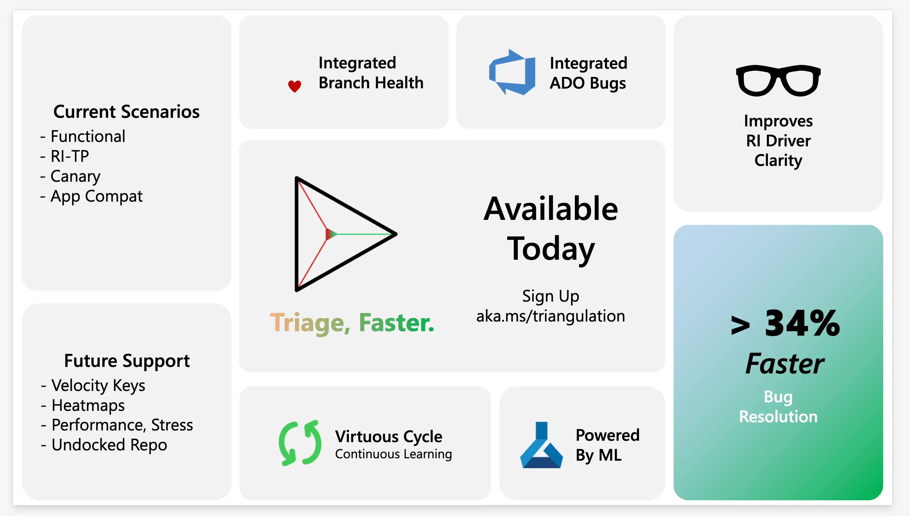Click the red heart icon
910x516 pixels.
294,86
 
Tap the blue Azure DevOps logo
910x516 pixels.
512,72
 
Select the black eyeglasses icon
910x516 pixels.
778,80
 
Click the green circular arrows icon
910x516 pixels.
300,443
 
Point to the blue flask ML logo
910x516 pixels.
541,445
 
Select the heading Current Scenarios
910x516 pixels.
126,112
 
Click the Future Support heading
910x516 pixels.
127,361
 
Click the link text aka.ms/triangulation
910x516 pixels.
550,316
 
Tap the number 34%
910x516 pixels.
802,323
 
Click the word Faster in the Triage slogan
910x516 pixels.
396,323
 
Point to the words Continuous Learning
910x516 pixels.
393,454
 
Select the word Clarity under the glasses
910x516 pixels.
778,160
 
